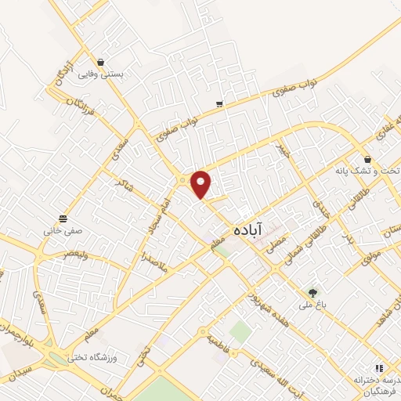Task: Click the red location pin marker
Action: coord(201,183)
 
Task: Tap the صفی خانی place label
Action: coord(63,231)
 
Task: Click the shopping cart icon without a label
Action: coord(220,104)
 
